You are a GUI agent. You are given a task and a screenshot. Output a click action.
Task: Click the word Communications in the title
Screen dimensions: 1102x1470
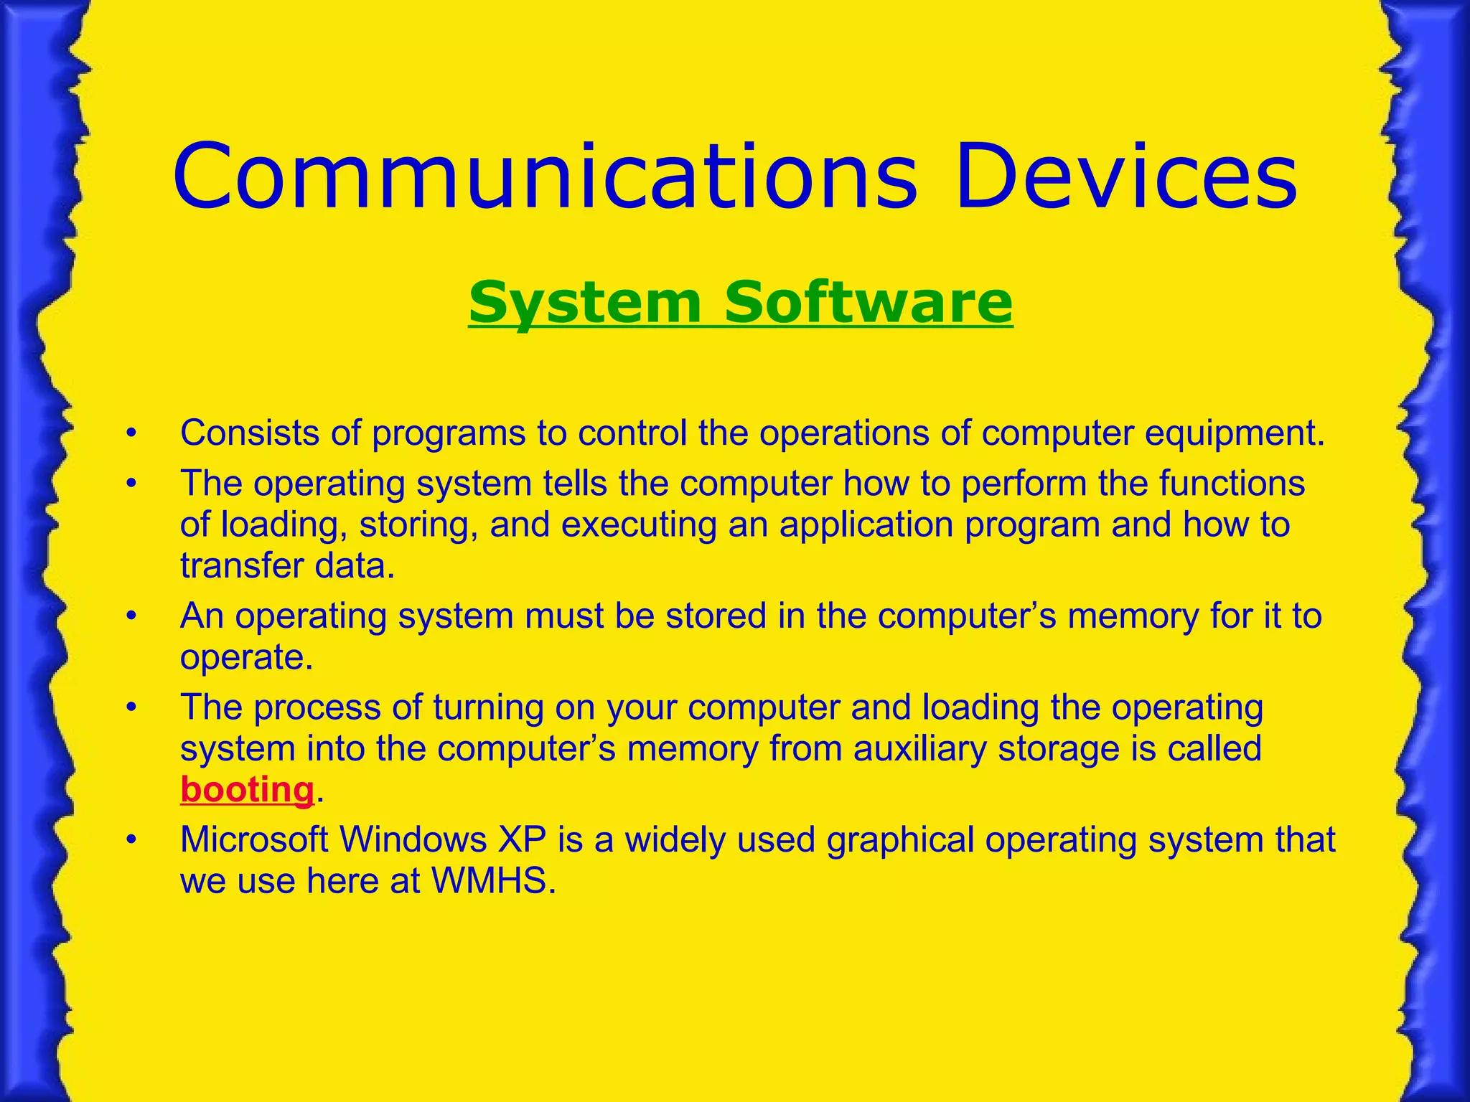pos(544,176)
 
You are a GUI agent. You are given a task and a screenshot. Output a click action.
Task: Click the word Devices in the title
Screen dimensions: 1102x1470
pos(1125,176)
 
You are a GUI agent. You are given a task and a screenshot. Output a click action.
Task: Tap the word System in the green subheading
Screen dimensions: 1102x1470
pos(584,302)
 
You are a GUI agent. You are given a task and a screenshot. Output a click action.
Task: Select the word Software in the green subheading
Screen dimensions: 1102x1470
pos(868,302)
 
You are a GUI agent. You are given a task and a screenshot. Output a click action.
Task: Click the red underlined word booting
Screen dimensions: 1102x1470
pos(247,790)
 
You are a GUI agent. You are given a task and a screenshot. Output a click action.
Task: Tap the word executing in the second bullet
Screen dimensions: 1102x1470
pos(638,525)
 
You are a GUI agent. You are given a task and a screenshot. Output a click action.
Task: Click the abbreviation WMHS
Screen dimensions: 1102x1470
pos(493,880)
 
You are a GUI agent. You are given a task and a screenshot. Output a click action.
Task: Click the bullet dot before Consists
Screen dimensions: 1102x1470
pos(130,434)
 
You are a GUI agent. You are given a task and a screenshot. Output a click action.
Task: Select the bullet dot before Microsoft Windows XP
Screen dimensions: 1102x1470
pos(130,840)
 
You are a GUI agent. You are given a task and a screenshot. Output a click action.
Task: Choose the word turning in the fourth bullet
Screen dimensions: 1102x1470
pos(488,708)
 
